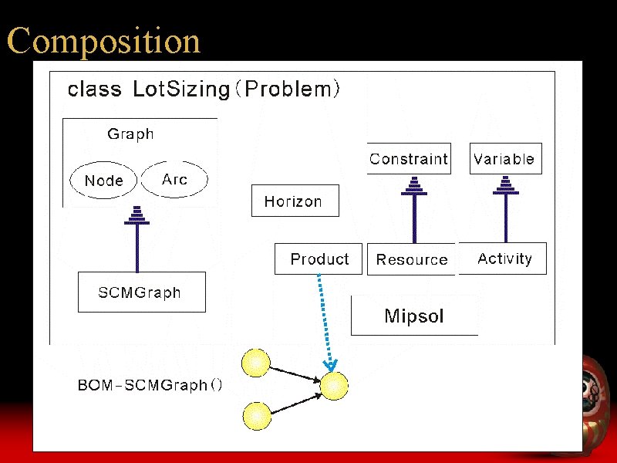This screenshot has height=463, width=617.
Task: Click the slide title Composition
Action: tap(103, 41)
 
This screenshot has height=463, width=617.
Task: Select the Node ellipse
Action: tap(103, 181)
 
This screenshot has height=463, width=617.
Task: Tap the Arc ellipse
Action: tap(175, 180)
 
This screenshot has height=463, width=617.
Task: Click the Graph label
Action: tap(130, 134)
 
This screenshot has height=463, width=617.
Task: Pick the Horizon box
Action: tap(295, 201)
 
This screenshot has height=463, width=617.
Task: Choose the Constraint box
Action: tap(409, 159)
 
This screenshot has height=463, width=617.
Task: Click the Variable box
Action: tap(504, 159)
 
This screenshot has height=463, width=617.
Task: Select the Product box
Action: tap(319, 259)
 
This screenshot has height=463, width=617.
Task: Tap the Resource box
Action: tap(412, 260)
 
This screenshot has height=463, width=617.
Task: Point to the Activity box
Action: tap(504, 259)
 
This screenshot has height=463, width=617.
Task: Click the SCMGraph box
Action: tap(141, 292)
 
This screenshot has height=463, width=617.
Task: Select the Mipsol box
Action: tap(414, 316)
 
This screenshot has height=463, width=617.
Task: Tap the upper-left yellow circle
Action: tap(256, 363)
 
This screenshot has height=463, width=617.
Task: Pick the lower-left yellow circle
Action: tap(256, 416)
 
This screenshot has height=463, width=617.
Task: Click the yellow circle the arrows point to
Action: tap(334, 386)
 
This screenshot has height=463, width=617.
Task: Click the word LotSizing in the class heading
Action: tap(181, 90)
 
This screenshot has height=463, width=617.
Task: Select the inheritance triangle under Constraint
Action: tap(414, 185)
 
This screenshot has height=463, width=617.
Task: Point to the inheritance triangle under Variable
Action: tap(506, 185)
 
